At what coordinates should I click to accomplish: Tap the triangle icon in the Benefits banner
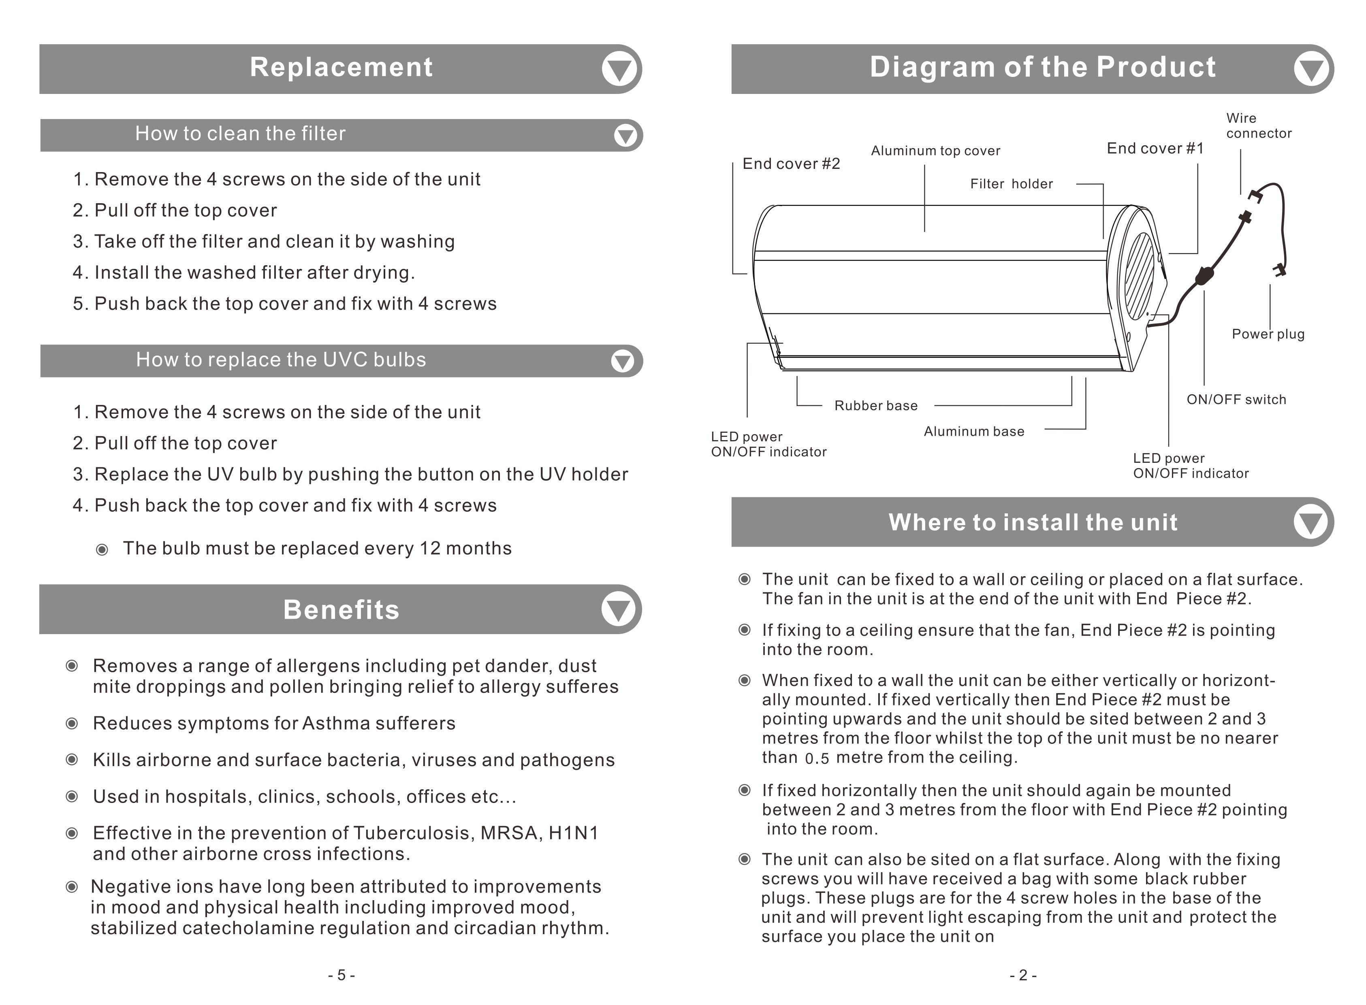click(619, 609)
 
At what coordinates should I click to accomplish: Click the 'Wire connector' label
click(1258, 126)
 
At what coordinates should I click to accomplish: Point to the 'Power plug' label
click(1268, 334)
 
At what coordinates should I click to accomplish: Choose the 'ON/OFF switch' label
click(1236, 400)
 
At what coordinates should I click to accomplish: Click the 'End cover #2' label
click(791, 164)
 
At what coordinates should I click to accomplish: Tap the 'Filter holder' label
click(1011, 184)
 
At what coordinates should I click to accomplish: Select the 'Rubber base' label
click(875, 406)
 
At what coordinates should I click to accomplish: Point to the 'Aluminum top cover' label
click(935, 151)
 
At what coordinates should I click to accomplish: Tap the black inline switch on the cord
click(1203, 277)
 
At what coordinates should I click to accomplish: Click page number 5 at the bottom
click(341, 975)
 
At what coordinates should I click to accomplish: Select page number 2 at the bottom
click(1023, 975)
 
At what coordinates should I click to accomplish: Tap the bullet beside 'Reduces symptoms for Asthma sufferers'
click(72, 723)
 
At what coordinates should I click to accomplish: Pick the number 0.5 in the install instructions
click(817, 759)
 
